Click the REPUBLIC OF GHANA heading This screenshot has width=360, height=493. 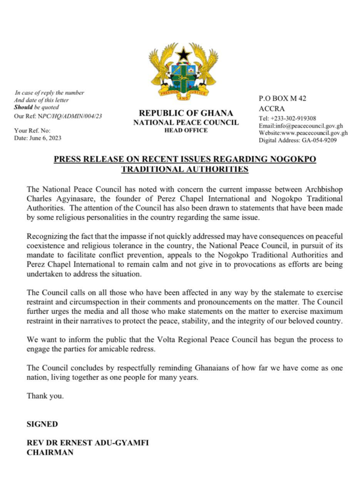coord(185,114)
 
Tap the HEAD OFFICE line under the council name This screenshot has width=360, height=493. coord(185,130)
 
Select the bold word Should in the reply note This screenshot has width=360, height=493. coord(23,107)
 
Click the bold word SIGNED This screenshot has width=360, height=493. coord(42,424)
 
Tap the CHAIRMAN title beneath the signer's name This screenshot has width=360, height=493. coord(50,453)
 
